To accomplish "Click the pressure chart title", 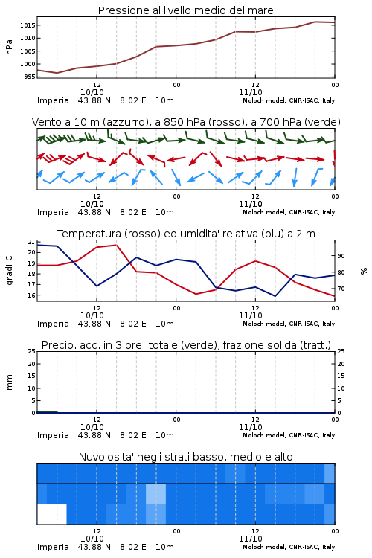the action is pos(185,10).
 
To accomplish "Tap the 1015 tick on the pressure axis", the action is pos(28,25).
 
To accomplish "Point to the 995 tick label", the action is pos(30,77).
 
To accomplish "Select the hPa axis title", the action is pos(9,47).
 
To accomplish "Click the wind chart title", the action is pos(186,122).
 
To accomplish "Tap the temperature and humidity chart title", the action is pos(186,234).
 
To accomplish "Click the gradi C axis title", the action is pos(10,270).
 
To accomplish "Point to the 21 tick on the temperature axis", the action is pos(31,242).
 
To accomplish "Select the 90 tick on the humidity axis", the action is pos(341,256).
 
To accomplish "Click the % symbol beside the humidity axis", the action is pos(364,271).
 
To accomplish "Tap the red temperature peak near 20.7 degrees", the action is pos(116,245).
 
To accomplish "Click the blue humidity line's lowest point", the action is pos(275,295).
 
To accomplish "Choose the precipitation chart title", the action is pos(186,345).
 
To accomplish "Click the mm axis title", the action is pos(10,382).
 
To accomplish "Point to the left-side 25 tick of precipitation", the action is pos(31,351).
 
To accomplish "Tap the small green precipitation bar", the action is pos(47,411).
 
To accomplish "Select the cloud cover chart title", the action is pos(185,457).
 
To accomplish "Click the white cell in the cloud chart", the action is pos(52,514).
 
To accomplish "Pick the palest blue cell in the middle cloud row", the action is pos(156,493).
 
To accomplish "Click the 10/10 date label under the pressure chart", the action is pos(92,92).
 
